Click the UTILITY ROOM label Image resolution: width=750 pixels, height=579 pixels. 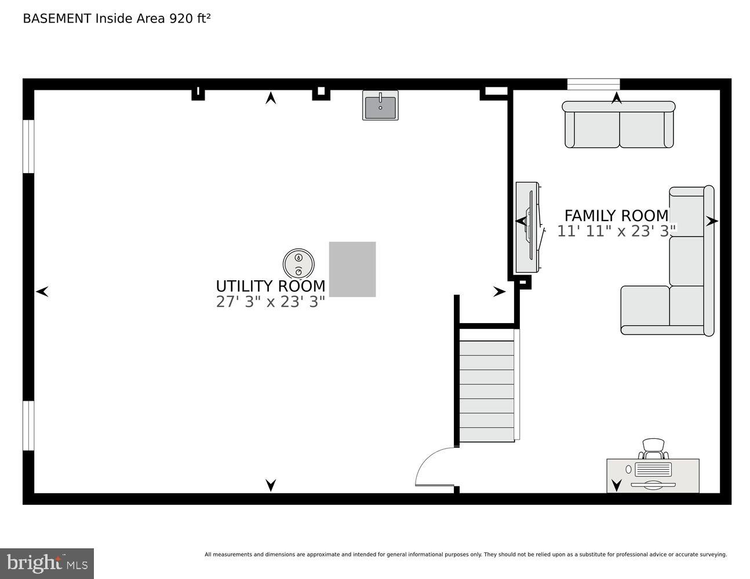pyautogui.click(x=270, y=286)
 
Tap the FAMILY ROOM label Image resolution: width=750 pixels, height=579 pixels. pyautogui.click(x=616, y=215)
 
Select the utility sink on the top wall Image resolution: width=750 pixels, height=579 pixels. pyautogui.click(x=380, y=105)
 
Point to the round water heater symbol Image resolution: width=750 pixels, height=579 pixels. pyautogui.click(x=298, y=264)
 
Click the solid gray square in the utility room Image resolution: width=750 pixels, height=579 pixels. pyautogui.click(x=352, y=269)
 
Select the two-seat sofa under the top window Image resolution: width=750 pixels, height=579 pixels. pyautogui.click(x=618, y=125)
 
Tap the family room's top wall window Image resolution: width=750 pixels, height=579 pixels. pyautogui.click(x=593, y=85)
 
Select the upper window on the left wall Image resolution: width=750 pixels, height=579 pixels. pyautogui.click(x=28, y=146)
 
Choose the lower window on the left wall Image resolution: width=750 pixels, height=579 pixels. pyautogui.click(x=28, y=426)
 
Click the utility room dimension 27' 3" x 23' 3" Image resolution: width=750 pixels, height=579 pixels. pyautogui.click(x=270, y=302)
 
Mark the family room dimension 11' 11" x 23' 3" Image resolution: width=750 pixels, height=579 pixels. pyautogui.click(x=616, y=231)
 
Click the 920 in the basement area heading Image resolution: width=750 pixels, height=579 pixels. pyautogui.click(x=179, y=19)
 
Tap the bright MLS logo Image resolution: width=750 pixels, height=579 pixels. pyautogui.click(x=47, y=563)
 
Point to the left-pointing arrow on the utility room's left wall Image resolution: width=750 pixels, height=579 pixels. pyautogui.click(x=42, y=292)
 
